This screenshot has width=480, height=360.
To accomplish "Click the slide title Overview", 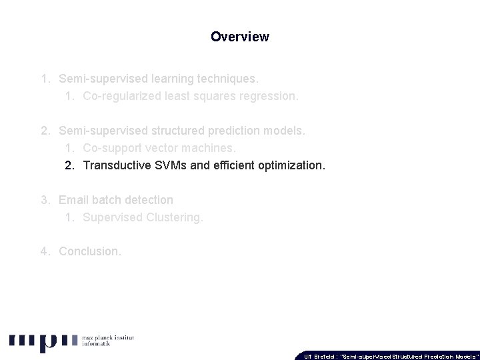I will (240, 37).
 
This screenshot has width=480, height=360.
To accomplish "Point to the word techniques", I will (225, 79).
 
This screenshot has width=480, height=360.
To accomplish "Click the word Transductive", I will (116, 165).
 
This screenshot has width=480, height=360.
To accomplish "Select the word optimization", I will (291, 165).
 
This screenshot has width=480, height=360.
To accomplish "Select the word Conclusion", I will (90, 251).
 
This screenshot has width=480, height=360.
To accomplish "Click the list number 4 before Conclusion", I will (44, 251).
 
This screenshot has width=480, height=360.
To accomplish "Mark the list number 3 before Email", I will (44, 200).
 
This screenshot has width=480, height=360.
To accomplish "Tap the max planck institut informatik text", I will (107, 341).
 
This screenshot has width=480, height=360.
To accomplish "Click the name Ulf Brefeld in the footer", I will (319, 356).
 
